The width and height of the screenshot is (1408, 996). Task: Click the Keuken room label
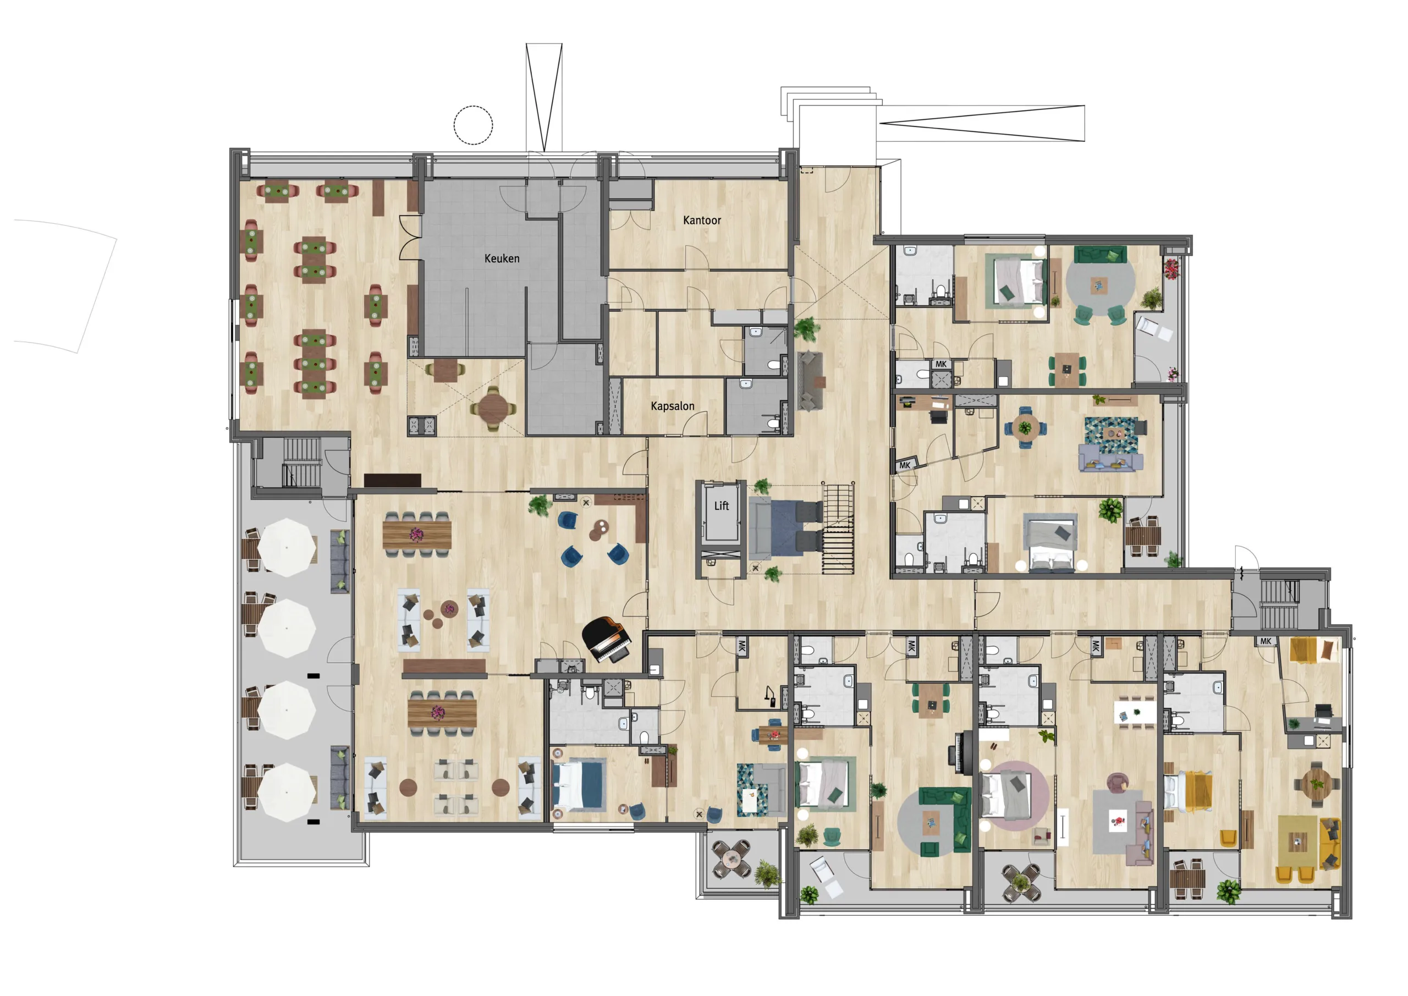(502, 258)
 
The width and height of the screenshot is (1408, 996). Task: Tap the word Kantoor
(702, 220)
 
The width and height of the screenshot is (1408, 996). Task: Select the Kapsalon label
(673, 406)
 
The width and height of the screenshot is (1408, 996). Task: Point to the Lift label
(721, 506)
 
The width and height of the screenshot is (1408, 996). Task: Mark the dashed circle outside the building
(473, 125)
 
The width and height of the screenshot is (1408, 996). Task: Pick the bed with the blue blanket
(580, 785)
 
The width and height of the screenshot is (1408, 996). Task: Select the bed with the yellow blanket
(1189, 792)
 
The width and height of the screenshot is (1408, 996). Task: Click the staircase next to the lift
(838, 529)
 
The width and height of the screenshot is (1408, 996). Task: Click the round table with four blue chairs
(1025, 427)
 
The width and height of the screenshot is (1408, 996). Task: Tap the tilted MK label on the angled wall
(905, 465)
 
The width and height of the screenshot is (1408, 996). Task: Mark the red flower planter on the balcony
(1171, 268)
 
